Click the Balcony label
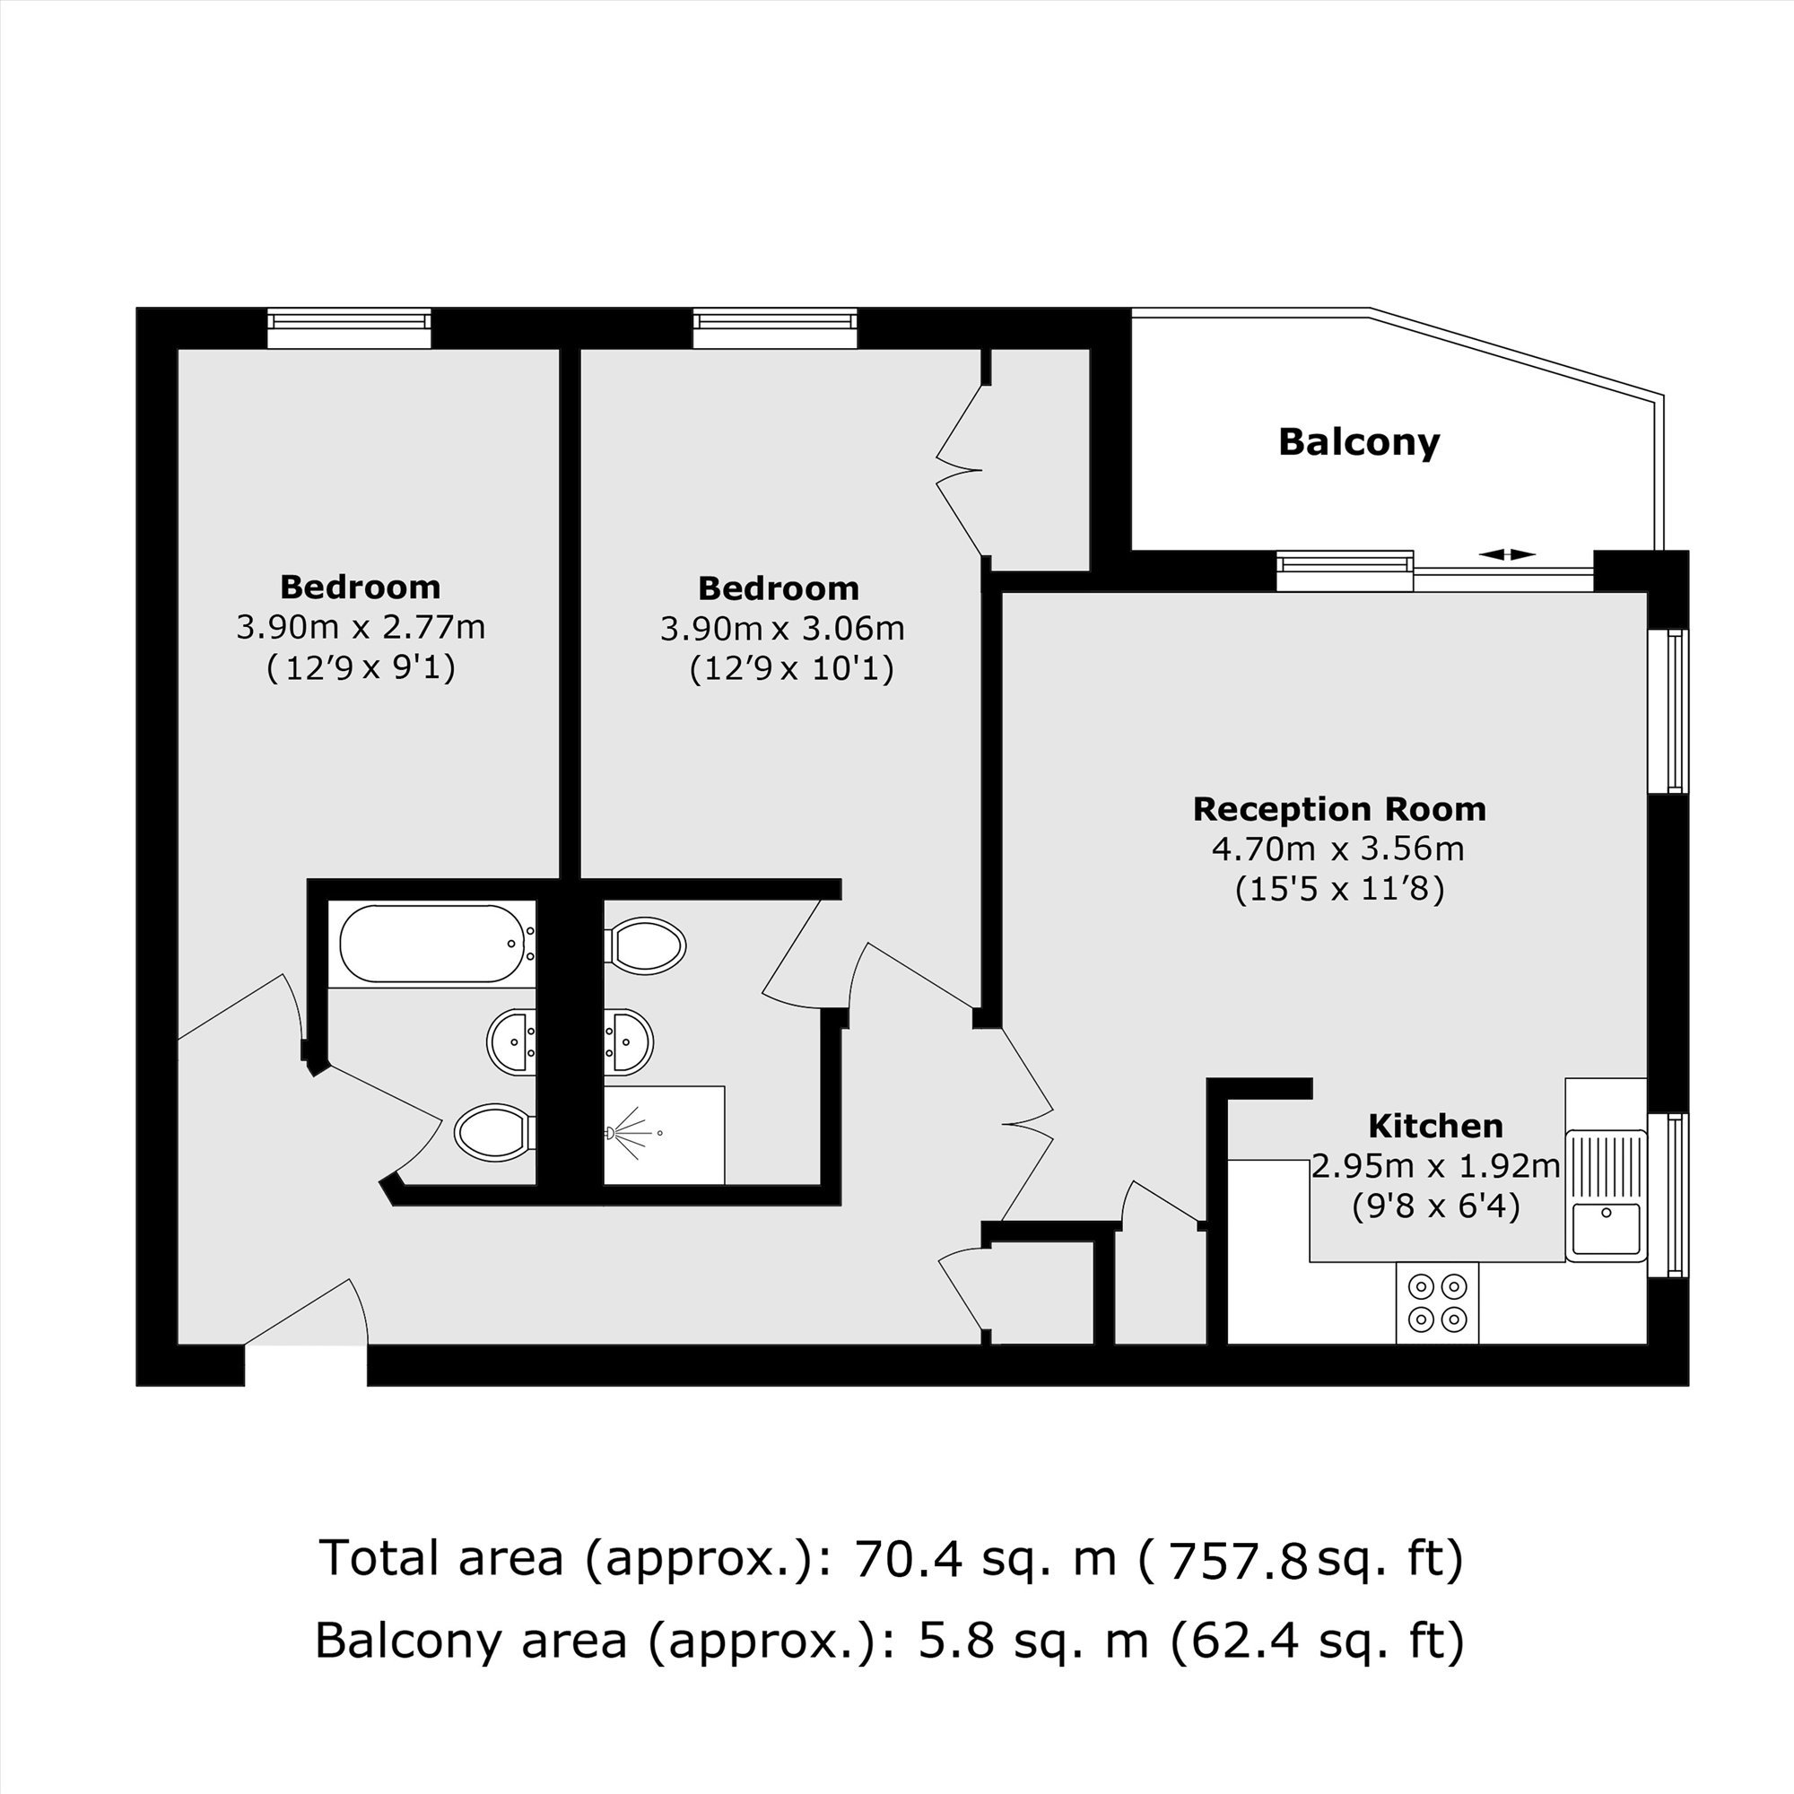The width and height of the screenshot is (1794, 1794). (1358, 443)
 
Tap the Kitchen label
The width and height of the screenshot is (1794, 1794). (1435, 1127)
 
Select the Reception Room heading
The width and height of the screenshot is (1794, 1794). (1339, 809)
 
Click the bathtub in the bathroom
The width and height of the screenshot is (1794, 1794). (431, 944)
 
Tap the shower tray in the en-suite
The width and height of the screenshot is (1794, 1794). (664, 1135)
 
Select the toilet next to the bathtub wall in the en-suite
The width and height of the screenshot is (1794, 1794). (645, 946)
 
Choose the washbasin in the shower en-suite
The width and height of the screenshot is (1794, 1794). (629, 1041)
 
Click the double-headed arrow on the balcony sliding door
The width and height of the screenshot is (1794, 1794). (1507, 554)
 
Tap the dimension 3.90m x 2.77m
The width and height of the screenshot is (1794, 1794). (361, 628)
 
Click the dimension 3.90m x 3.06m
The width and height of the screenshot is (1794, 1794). (782, 629)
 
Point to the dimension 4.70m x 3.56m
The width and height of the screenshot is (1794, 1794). (1338, 849)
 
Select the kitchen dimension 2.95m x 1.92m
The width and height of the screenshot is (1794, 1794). (1435, 1166)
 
